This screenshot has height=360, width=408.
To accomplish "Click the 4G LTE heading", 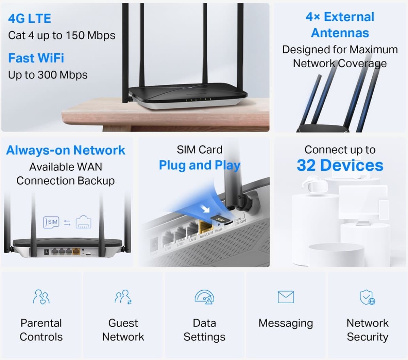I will (30, 18).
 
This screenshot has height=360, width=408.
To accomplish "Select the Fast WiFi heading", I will (36, 58).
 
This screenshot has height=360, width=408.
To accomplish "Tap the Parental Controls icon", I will (41, 297).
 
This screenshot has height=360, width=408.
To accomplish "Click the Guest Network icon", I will (123, 297).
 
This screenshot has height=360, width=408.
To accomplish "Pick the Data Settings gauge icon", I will (204, 297).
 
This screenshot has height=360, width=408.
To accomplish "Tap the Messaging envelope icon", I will (286, 297).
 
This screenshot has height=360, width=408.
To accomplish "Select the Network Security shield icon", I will (368, 297).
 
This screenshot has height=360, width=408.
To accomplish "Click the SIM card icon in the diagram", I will (52, 222).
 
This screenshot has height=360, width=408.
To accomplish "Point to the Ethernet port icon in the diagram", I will (83, 222).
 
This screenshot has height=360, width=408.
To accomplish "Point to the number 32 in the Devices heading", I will (306, 166).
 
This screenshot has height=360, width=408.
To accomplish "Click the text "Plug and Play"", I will (200, 165).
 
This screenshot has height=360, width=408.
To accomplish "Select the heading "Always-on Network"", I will (66, 150).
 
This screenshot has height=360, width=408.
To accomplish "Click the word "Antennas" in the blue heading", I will (340, 33).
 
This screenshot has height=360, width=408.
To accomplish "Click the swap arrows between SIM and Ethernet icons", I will (67, 223).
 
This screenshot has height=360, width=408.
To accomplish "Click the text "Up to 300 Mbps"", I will (48, 75).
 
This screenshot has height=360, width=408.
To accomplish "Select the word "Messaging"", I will (286, 323).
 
